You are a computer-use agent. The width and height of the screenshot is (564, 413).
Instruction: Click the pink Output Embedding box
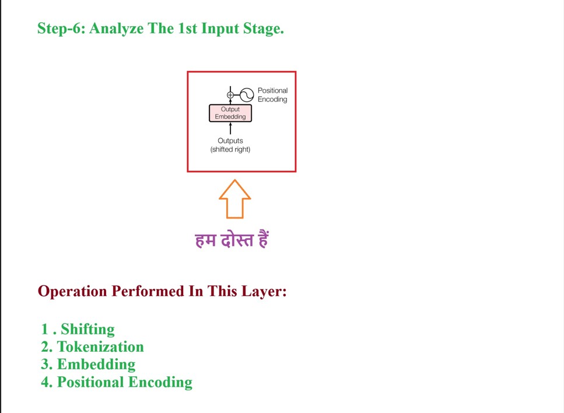[x=230, y=113]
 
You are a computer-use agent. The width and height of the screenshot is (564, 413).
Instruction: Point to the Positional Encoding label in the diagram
[x=272, y=95]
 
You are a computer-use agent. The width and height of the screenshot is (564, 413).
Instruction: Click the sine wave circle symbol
[x=246, y=95]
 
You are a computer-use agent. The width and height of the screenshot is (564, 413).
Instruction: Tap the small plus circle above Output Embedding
[x=230, y=95]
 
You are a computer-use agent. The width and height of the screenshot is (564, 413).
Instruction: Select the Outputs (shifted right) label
[x=230, y=145]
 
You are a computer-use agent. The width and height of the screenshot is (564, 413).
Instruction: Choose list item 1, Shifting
[x=87, y=329]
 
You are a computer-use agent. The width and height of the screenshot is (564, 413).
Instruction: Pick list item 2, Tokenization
[x=100, y=347]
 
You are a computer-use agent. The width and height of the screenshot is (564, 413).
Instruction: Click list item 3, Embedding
[x=96, y=365]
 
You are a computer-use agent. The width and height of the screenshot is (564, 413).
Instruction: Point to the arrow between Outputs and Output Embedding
[x=230, y=128]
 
